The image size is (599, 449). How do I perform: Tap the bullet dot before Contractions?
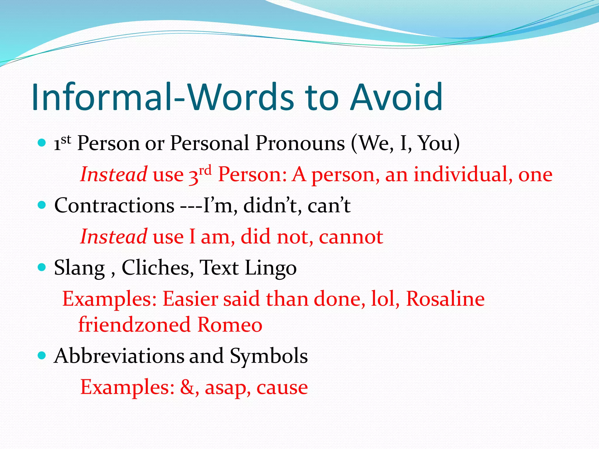pyautogui.click(x=42, y=205)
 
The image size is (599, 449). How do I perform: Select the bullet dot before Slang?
pyautogui.click(x=42, y=267)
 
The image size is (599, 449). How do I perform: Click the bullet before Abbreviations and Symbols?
pyautogui.click(x=42, y=355)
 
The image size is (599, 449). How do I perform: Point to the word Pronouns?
pyautogui.click(x=300, y=143)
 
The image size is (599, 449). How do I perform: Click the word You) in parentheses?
pyautogui.click(x=439, y=143)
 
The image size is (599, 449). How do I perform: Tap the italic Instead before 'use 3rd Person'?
pyautogui.click(x=114, y=175)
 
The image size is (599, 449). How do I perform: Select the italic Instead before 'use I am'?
pyautogui.click(x=114, y=236)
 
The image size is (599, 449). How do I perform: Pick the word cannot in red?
pyautogui.click(x=351, y=237)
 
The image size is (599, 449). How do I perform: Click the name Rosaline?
pyautogui.click(x=445, y=299)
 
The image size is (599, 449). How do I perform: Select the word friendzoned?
pyautogui.click(x=135, y=324)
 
